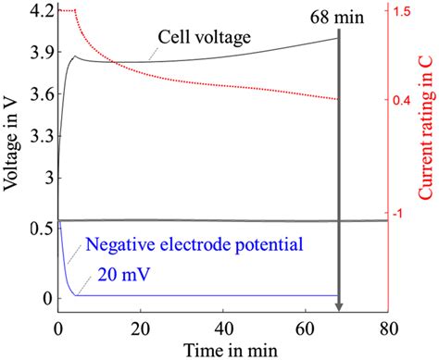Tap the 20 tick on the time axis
point(141,327)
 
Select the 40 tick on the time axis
point(223,327)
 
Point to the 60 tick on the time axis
point(306,327)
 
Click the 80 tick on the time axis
point(387,327)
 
